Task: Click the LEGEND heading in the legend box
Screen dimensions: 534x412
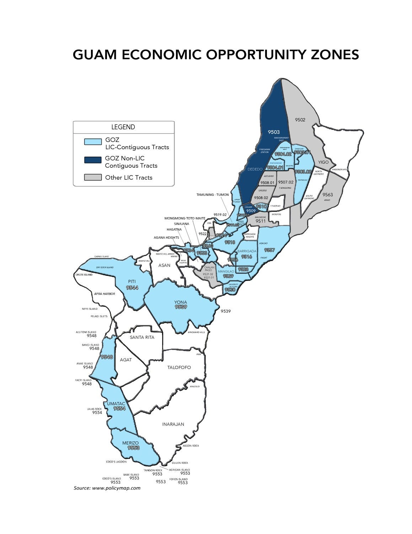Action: point(123,127)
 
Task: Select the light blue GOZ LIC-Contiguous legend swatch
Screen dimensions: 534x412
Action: point(93,141)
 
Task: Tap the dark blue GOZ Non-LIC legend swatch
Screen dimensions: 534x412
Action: point(93,160)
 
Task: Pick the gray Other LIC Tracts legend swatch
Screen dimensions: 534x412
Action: point(93,177)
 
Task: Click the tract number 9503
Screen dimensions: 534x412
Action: point(274,132)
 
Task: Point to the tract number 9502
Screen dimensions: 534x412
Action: point(300,120)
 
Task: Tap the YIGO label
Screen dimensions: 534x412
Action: point(323,162)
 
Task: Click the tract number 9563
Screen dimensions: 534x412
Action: point(327,195)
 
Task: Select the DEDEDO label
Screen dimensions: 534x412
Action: point(255,169)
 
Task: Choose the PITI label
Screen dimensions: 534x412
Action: point(132,282)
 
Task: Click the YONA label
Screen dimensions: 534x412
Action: point(181,302)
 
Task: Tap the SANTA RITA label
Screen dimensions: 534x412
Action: point(142,337)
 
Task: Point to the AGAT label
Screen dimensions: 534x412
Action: point(125,360)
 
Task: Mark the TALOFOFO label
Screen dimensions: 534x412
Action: point(179,367)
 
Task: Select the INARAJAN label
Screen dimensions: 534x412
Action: point(173,424)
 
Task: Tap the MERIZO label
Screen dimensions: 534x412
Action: point(130,443)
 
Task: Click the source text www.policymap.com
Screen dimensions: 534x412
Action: point(116,488)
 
